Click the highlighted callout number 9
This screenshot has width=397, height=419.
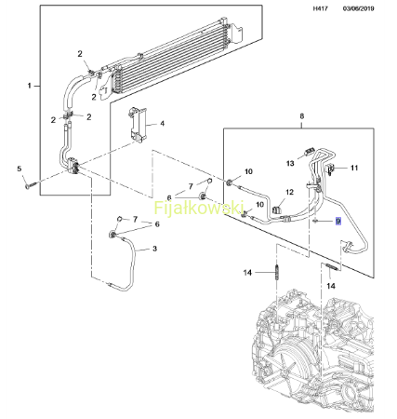(338, 221)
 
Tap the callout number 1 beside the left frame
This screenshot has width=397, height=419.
(30, 86)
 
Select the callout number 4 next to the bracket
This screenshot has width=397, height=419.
(162, 124)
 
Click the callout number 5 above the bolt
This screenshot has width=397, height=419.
(20, 169)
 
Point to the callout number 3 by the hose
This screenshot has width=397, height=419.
(154, 249)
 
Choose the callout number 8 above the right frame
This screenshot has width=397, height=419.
(302, 116)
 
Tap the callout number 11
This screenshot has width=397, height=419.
(354, 168)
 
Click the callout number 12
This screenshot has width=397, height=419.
(289, 192)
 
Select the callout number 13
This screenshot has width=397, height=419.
(290, 163)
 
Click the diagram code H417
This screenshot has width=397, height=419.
(320, 8)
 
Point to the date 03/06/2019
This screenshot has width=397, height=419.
(358, 8)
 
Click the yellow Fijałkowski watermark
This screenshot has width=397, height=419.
(199, 208)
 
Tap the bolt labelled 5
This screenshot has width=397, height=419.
(31, 185)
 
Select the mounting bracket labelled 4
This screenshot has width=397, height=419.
(138, 125)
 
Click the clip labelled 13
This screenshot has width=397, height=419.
(309, 153)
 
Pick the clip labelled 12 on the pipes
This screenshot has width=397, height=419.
(277, 209)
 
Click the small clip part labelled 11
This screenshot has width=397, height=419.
(330, 169)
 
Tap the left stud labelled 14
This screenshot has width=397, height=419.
(276, 272)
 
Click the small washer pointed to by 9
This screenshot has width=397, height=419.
(314, 221)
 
